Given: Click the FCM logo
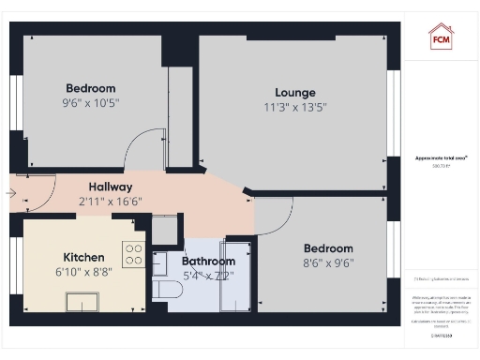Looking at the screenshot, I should pyautogui.click(x=441, y=37).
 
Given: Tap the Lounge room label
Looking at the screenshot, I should pyautogui.click(x=294, y=92).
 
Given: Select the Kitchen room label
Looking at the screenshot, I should pyautogui.click(x=83, y=257).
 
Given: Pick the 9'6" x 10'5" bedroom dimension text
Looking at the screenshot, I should pyautogui.click(x=91, y=102).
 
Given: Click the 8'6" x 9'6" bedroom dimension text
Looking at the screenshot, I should pyautogui.click(x=327, y=263).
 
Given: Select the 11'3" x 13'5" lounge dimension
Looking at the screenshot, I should pyautogui.click(x=294, y=107).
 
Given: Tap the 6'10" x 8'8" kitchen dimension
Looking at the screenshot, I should pyautogui.click(x=83, y=273).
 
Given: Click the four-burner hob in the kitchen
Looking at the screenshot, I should pyautogui.click(x=134, y=255).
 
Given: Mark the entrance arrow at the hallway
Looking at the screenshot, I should pyautogui.click(x=10, y=193).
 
